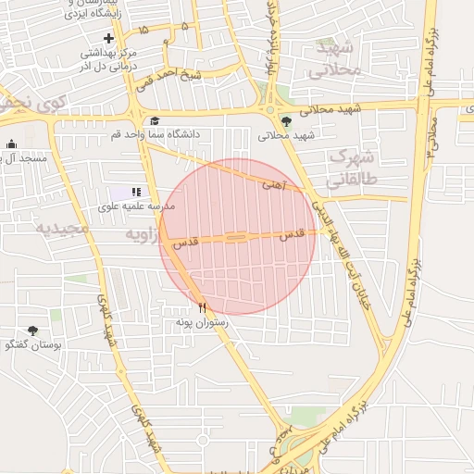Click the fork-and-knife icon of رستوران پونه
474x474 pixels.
pyautogui.click(x=202, y=307)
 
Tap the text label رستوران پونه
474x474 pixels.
pyautogui.click(x=202, y=321)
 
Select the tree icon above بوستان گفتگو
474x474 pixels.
pyautogui.click(x=33, y=331)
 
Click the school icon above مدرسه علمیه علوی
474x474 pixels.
pyautogui.click(x=137, y=192)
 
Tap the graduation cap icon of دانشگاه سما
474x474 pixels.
pyautogui.click(x=154, y=120)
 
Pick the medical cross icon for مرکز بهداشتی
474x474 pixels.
pyautogui.click(x=109, y=38)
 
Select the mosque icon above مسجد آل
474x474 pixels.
pyautogui.click(x=11, y=144)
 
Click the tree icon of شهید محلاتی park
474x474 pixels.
pyautogui.click(x=285, y=120)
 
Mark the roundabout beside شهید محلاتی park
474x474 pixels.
pyautogui.click(x=270, y=110)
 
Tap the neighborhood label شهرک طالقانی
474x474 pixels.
pyautogui.click(x=354, y=167)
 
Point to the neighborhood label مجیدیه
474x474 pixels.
pyautogui.click(x=62, y=228)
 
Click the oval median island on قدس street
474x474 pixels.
pyautogui.click(x=236, y=239)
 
